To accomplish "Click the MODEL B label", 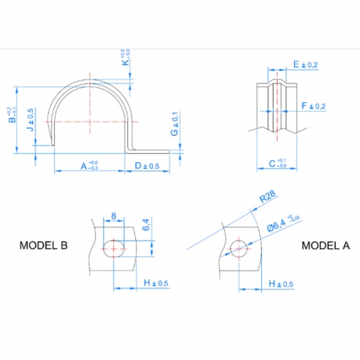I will point(43,245).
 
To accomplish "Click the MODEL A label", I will point(325,245).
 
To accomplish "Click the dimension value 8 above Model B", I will point(114,215).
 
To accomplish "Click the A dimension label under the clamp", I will point(88,165).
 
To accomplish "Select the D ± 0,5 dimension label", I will point(147,166).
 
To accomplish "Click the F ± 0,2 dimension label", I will point(312,105).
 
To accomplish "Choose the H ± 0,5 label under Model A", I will point(281,283).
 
